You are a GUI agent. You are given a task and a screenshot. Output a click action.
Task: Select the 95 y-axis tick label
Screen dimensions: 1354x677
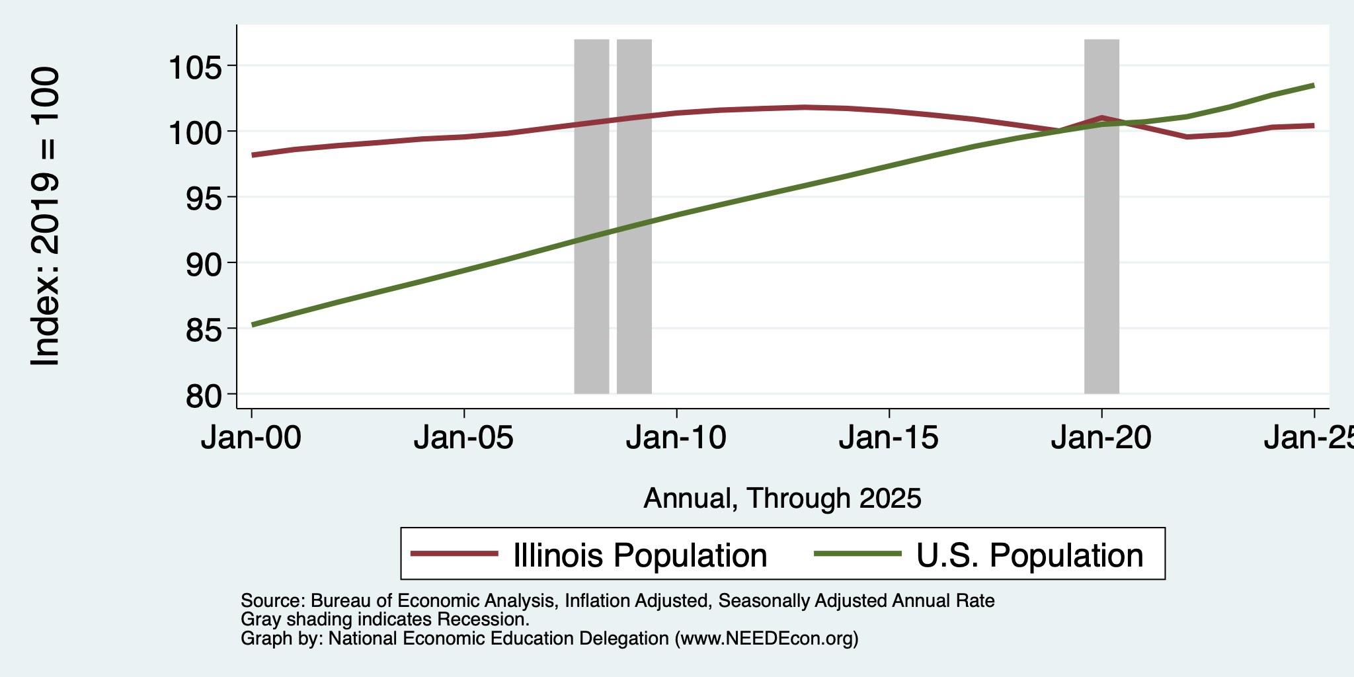(204, 198)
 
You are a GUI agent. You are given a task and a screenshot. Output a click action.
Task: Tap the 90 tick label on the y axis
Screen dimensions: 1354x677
(204, 263)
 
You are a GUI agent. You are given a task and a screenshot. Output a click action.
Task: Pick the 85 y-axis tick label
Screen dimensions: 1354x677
(204, 329)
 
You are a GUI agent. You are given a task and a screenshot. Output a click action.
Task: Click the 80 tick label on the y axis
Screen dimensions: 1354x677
(204, 395)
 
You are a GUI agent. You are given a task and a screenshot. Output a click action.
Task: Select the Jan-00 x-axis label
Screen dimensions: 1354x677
(251, 438)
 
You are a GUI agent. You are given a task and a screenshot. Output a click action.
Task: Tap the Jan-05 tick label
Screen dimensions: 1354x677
(464, 438)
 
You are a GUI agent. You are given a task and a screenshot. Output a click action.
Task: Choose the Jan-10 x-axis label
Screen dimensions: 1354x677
(676, 438)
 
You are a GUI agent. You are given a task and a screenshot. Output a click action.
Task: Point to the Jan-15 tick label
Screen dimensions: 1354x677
(889, 438)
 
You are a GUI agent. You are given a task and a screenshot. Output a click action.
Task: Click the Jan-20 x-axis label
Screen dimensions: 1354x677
(1101, 438)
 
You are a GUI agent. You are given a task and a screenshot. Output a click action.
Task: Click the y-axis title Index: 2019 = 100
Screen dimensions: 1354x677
(46, 216)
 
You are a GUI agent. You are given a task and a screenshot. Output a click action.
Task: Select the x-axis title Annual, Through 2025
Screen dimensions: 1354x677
(782, 498)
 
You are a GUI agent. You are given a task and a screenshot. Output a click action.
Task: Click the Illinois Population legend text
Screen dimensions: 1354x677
(640, 555)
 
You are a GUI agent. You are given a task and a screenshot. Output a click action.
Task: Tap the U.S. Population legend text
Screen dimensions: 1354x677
(1029, 555)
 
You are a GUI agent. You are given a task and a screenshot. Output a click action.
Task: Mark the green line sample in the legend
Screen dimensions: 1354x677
(857, 554)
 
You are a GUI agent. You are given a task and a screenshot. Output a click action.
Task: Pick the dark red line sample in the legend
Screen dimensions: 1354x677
(454, 554)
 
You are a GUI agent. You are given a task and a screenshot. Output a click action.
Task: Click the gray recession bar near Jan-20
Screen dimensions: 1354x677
(1101, 216)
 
